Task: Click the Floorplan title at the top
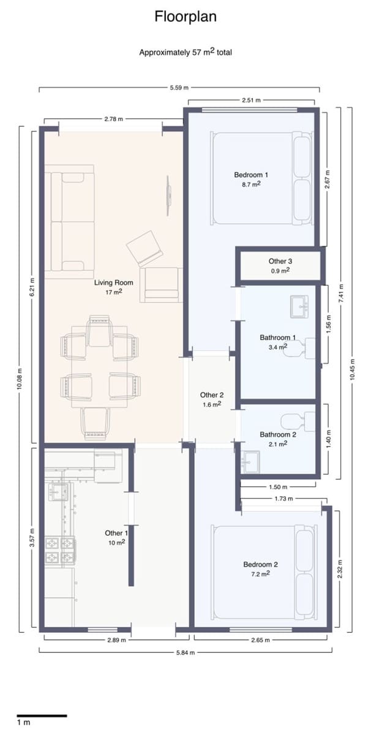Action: pos(185,17)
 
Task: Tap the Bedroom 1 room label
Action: pos(251,175)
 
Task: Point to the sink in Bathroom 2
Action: pos(251,460)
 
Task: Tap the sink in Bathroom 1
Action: pos(300,306)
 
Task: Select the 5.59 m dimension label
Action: pos(179,88)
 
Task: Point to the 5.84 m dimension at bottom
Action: pos(185,652)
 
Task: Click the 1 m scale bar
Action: pos(41,715)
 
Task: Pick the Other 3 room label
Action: pos(279,262)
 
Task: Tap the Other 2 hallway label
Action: pos(212,395)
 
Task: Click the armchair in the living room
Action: pos(161,284)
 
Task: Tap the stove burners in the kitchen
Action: pos(60,550)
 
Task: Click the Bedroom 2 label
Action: pos(261,565)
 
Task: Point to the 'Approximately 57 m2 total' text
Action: pos(185,53)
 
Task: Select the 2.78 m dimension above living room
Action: pos(113,118)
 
